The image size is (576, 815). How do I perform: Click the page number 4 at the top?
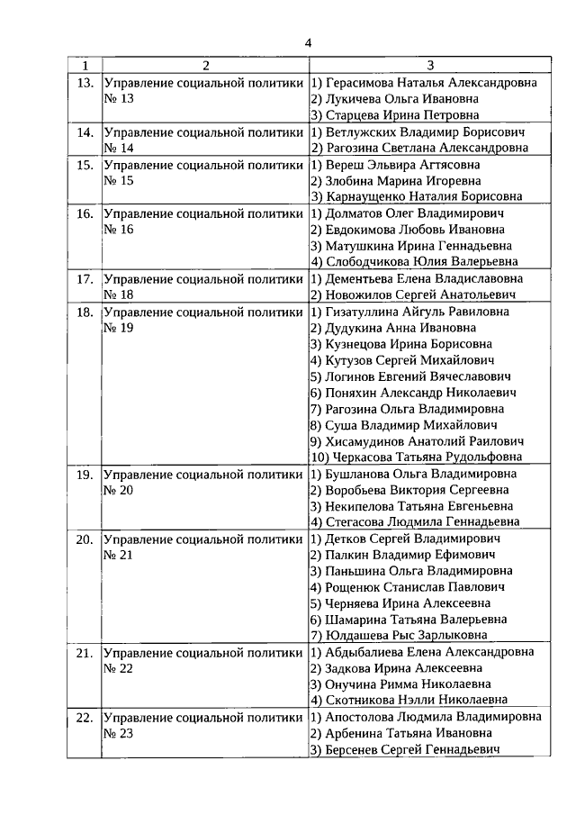(307, 42)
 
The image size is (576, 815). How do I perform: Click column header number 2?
(205, 66)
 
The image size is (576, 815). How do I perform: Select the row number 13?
(85, 83)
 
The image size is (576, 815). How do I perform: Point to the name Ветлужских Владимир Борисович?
(418, 131)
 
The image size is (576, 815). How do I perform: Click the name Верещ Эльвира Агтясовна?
(395, 165)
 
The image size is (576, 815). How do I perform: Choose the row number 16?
(85, 213)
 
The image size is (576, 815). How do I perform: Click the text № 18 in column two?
(119, 294)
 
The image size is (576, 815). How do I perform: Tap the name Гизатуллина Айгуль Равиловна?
(409, 312)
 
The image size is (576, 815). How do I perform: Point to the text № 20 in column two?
(119, 490)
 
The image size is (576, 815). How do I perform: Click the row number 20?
(85, 539)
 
